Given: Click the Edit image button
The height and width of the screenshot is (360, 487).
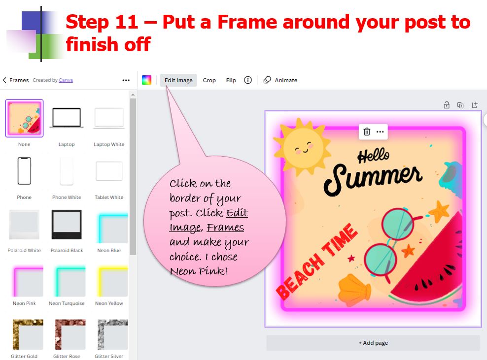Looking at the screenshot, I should pyautogui.click(x=178, y=80).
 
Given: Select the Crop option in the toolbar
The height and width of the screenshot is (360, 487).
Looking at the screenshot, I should pyautogui.click(x=209, y=80).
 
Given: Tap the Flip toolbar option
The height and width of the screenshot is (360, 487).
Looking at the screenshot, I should pyautogui.click(x=231, y=80).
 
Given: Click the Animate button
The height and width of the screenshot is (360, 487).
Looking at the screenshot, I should pyautogui.click(x=280, y=80).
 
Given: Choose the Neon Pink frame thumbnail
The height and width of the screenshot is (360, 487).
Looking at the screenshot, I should pyautogui.click(x=24, y=281).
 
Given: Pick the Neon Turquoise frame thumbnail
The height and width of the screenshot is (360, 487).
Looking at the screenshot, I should pyautogui.click(x=67, y=281).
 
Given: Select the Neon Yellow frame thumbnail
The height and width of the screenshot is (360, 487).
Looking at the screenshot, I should pyautogui.click(x=109, y=281).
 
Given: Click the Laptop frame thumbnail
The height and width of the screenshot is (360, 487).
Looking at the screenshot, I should pyautogui.click(x=67, y=118).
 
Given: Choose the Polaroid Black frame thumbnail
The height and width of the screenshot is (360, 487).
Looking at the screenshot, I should pyautogui.click(x=67, y=225).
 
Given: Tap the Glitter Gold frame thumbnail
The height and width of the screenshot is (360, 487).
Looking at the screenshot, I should pyautogui.click(x=24, y=334).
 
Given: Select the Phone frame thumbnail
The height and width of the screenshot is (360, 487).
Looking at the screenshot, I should pyautogui.click(x=24, y=171).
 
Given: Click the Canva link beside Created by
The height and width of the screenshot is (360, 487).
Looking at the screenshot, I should pyautogui.click(x=66, y=80).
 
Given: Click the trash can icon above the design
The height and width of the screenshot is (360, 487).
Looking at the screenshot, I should pyautogui.click(x=367, y=131).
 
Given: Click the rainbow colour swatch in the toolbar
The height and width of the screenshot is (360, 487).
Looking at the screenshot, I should pyautogui.click(x=146, y=80).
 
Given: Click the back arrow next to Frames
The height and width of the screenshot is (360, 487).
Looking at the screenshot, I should pyautogui.click(x=5, y=80).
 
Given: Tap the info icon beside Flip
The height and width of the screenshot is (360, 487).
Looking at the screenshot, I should pyautogui.click(x=248, y=80).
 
